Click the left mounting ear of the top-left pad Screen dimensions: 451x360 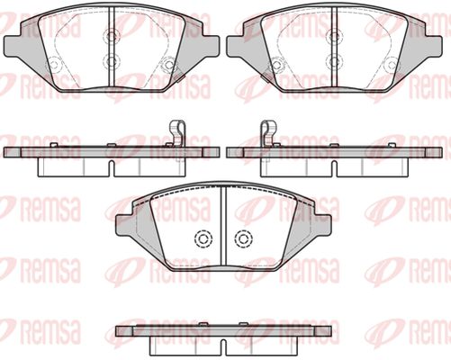click(12, 46)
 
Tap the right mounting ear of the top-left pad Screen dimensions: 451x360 click(211, 46)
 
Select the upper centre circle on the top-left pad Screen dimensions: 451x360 click(112, 36)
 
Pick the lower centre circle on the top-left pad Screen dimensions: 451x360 click(112, 62)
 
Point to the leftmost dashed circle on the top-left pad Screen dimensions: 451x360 click(53, 64)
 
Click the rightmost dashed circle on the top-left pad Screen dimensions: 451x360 click(169, 65)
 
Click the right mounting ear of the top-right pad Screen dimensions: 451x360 click(433, 46)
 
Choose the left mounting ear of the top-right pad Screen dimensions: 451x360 click(235, 46)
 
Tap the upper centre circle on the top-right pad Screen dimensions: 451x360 click(334, 36)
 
